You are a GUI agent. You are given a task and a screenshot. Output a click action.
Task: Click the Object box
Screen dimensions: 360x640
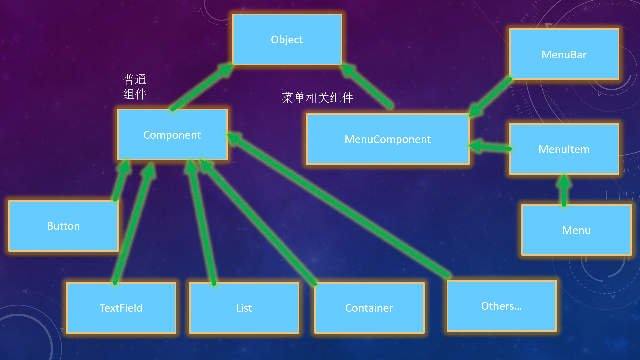(287, 39)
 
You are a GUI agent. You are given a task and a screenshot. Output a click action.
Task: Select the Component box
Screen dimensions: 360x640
(172, 135)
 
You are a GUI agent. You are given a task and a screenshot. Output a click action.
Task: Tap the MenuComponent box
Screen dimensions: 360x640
(387, 139)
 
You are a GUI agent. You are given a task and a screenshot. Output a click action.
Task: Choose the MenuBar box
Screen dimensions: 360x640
(564, 54)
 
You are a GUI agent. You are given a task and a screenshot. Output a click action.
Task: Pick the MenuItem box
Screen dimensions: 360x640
(564, 149)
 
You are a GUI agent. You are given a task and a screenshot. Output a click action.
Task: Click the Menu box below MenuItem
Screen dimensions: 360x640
(576, 230)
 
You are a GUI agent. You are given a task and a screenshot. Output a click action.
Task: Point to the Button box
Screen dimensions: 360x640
(63, 226)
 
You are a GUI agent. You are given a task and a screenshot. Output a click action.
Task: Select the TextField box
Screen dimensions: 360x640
(121, 308)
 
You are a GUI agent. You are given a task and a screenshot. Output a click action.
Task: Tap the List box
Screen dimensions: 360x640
(244, 308)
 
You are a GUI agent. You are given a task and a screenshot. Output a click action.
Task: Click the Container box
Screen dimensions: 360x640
(369, 308)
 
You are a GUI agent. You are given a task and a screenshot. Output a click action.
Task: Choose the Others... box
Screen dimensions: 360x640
(501, 306)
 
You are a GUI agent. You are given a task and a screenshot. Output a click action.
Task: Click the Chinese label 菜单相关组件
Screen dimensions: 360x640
(317, 98)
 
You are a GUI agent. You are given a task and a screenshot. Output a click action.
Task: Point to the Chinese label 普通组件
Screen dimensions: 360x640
(135, 87)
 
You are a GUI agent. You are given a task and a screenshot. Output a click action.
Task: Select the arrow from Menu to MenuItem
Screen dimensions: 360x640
(564, 192)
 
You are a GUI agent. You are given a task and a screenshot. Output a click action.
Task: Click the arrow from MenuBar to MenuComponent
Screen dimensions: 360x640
(490, 97)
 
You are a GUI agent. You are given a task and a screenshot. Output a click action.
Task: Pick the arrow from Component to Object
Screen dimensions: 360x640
(200, 88)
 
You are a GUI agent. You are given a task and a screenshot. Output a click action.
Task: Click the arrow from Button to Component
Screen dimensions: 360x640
(121, 182)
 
